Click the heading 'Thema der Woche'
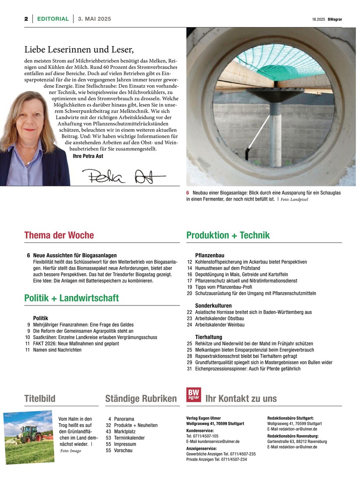point(59,235)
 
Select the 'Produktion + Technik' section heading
point(228,235)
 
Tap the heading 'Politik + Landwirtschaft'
point(71,298)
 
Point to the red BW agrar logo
point(193,394)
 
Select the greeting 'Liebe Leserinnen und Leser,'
point(79,50)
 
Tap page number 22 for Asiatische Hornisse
point(189,312)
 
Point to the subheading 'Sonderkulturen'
point(213,305)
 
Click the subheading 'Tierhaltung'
point(209,337)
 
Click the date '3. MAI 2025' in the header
point(94,19)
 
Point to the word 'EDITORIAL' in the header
point(53,19)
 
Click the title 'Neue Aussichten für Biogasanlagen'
point(75,255)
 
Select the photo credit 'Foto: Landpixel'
point(294,200)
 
